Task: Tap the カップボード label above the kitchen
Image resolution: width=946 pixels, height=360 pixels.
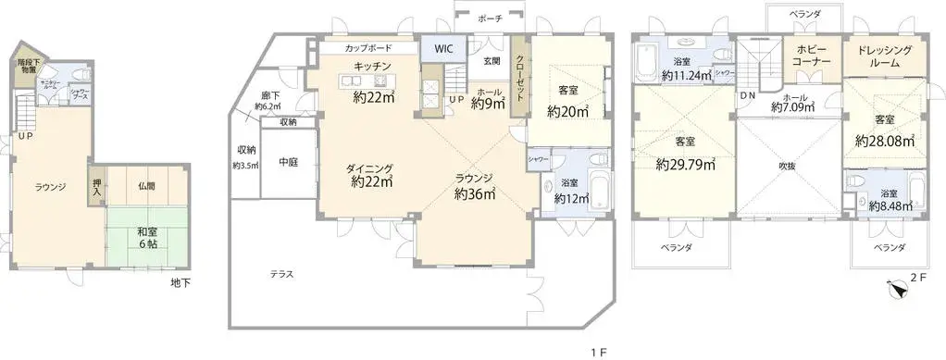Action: (367, 47)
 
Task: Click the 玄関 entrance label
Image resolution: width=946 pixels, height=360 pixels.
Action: (492, 62)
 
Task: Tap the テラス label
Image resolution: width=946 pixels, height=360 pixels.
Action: (282, 274)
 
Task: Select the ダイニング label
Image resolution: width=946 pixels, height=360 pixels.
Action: (370, 168)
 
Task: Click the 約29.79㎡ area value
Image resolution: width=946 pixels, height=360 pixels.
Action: (685, 166)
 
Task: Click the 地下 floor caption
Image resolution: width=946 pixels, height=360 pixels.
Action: (180, 282)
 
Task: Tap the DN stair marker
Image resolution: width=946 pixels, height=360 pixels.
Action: (746, 95)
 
